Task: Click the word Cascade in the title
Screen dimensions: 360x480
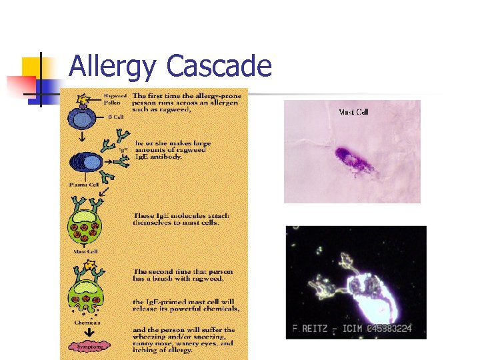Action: click(x=219, y=67)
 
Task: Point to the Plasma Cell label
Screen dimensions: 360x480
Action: click(x=85, y=183)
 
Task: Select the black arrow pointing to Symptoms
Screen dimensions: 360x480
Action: click(x=84, y=332)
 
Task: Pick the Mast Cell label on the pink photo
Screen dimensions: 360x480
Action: click(x=354, y=112)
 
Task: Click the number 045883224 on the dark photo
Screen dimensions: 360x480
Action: click(x=393, y=328)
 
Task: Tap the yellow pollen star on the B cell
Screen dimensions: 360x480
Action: click(x=83, y=100)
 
